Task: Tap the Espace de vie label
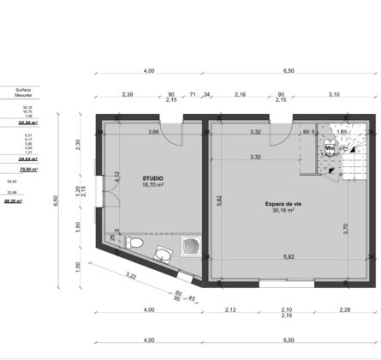[282, 203]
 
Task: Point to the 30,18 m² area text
[282, 210]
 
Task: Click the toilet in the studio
[134, 245]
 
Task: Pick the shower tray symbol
[193, 248]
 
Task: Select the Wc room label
[329, 147]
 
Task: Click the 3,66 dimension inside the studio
[153, 132]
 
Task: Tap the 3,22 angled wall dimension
[131, 276]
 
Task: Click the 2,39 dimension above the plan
[128, 93]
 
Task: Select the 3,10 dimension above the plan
[333, 93]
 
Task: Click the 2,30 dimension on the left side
[79, 145]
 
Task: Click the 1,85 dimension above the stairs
[342, 132]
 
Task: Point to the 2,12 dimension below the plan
[231, 309]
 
